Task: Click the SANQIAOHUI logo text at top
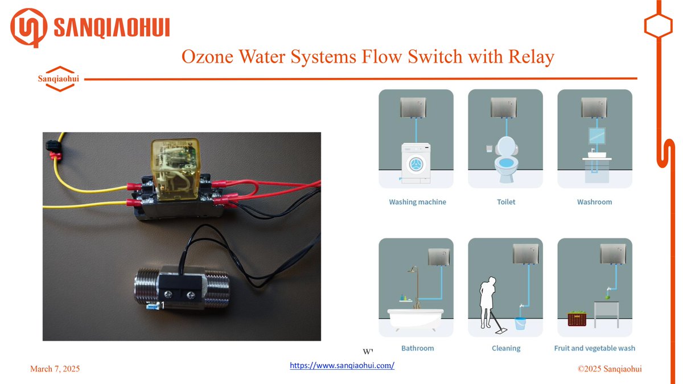coord(111,27)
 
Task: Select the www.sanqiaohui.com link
coord(342,366)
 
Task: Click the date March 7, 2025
coord(55,369)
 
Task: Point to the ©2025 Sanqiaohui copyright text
coord(610,369)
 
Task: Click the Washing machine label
coord(417,202)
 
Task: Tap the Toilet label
coord(506,202)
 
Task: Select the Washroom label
coord(594,202)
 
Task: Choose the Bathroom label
coord(417,348)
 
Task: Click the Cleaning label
coord(506,348)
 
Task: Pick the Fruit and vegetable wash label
coord(594,348)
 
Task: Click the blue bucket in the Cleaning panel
coord(521,323)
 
